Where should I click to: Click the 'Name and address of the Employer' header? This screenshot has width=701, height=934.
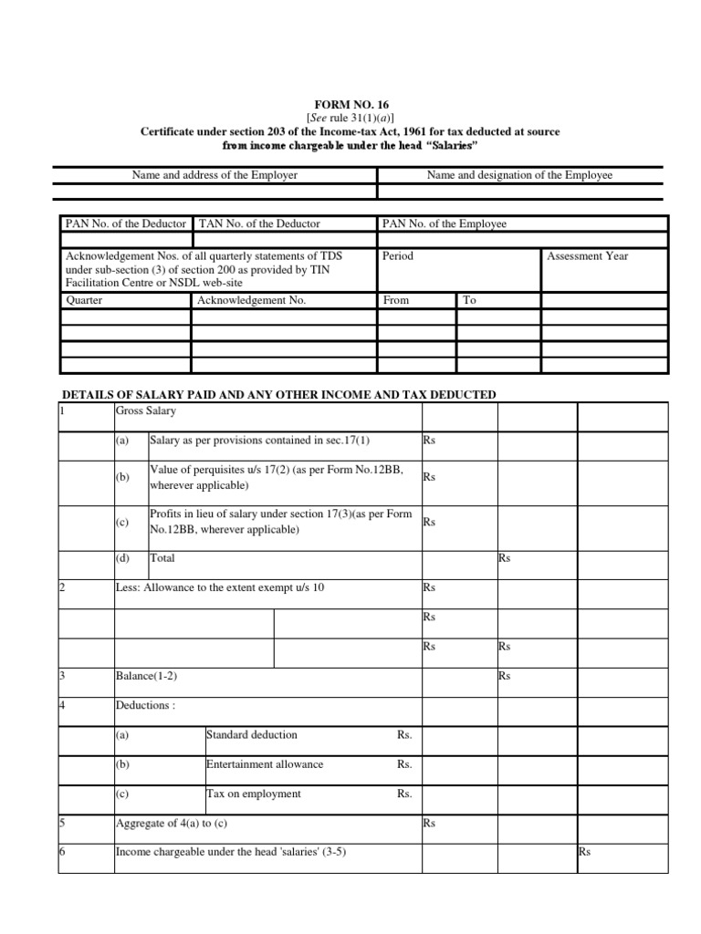(x=214, y=175)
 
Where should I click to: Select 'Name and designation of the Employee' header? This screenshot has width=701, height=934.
(x=519, y=175)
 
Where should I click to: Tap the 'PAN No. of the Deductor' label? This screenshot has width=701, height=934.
(x=125, y=223)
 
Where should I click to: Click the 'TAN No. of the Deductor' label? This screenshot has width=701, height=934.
(x=259, y=223)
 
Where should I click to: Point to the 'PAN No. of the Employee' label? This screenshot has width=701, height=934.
(x=445, y=223)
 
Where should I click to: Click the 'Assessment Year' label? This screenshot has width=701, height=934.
(x=587, y=256)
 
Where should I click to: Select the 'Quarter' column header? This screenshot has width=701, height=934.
(x=84, y=300)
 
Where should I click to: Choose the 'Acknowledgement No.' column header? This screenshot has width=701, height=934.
(x=252, y=300)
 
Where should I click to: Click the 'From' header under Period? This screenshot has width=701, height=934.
(x=396, y=300)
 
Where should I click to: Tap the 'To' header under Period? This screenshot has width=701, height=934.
(x=470, y=300)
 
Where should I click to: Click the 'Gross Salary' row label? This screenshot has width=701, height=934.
(x=143, y=411)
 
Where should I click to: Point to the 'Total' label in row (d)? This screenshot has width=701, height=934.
(x=162, y=558)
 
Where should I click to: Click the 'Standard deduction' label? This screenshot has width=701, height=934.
(x=252, y=735)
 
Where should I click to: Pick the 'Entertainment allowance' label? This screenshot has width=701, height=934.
(x=265, y=764)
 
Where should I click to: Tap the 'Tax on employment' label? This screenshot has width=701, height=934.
(x=254, y=794)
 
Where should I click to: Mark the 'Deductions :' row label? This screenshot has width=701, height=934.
(x=145, y=705)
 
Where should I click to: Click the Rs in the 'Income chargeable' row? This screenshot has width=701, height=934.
(x=584, y=853)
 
